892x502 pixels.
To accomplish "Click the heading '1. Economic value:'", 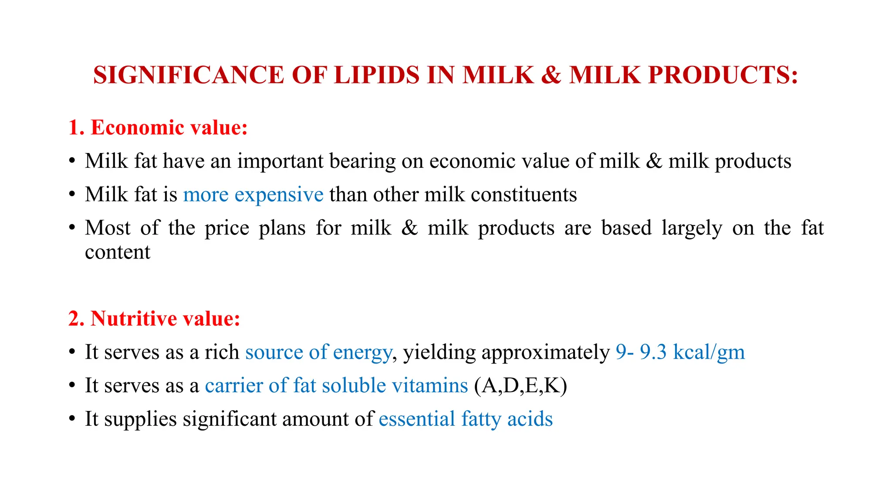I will (158, 128).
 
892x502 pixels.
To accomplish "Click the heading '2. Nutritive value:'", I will (154, 319).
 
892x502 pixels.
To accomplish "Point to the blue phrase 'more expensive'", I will (253, 194).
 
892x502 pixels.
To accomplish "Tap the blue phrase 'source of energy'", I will (318, 352).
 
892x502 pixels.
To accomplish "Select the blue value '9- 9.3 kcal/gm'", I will (680, 352).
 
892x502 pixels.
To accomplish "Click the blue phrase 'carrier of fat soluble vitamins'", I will (336, 386).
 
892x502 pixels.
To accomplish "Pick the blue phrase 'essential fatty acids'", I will (466, 419).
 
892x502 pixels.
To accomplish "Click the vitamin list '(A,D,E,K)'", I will (520, 386).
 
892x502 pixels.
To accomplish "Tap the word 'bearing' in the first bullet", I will (362, 161).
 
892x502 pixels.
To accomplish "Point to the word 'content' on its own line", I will (118, 252).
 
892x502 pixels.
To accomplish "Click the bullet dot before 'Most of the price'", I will (72, 227).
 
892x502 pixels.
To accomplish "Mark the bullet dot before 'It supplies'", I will (72, 419).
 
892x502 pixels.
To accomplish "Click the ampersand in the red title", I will (551, 75).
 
